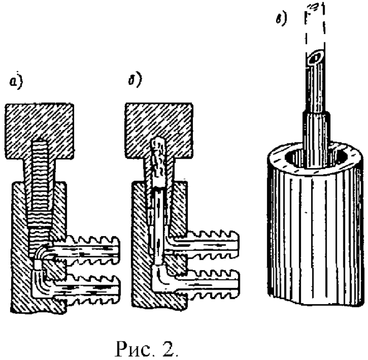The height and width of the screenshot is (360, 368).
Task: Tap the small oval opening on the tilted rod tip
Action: pyautogui.click(x=317, y=57)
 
